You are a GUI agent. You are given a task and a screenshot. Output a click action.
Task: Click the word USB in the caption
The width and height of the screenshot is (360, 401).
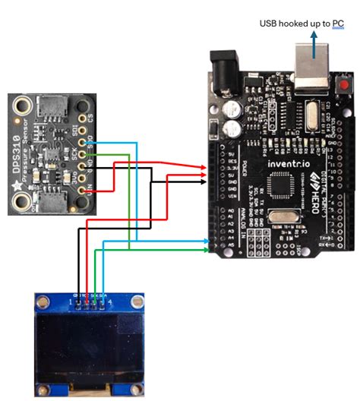click(x=268, y=24)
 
